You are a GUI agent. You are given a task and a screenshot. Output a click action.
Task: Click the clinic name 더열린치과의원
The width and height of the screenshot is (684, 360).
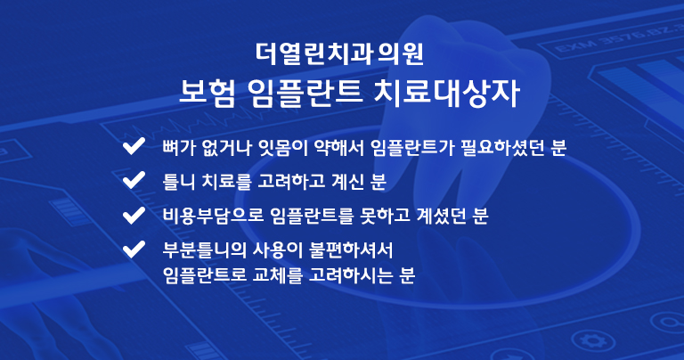339,53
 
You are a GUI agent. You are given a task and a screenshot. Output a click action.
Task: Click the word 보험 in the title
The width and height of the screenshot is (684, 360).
208,92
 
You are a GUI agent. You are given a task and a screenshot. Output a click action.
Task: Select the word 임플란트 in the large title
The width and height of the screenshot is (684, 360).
305,92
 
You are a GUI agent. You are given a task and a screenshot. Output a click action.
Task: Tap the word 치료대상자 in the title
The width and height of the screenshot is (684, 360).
447,92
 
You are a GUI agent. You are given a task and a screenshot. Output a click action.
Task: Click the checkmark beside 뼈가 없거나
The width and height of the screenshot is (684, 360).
134,146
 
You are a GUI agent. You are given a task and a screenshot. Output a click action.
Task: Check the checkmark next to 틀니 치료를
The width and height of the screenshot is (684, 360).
134,180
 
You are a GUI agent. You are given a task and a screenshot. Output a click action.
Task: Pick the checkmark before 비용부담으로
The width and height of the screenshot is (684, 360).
134,215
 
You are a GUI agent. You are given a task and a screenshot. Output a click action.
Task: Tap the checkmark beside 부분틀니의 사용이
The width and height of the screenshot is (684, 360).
134,250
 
